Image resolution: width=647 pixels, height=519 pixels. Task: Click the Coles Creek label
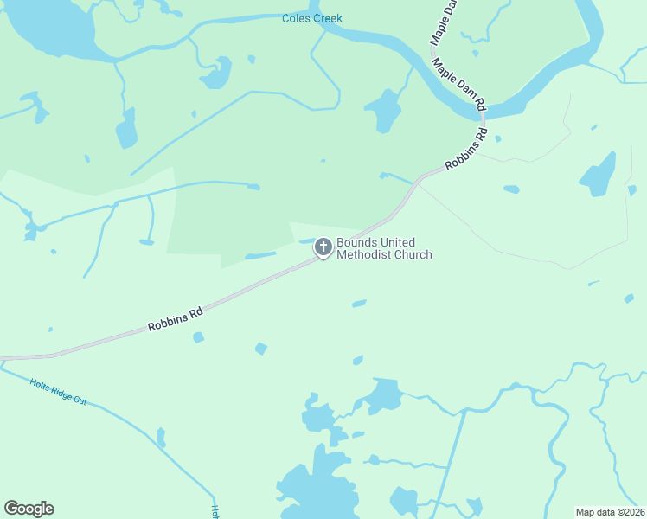pyautogui.click(x=312, y=18)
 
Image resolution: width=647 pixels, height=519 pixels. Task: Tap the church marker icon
pyautogui.click(x=323, y=248)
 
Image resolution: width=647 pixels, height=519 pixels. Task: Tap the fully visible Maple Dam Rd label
pyautogui.click(x=460, y=86)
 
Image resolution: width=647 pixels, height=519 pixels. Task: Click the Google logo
pyautogui.click(x=29, y=509)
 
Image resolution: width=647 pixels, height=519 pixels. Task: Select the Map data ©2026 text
pyautogui.click(x=610, y=512)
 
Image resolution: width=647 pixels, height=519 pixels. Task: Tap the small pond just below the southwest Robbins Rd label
pyautogui.click(x=198, y=337)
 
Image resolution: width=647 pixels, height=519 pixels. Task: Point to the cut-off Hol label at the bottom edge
pyautogui.click(x=213, y=512)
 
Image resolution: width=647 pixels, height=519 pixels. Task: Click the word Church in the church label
pyautogui.click(x=412, y=254)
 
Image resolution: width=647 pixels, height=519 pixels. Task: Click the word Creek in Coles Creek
pyautogui.click(x=327, y=18)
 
